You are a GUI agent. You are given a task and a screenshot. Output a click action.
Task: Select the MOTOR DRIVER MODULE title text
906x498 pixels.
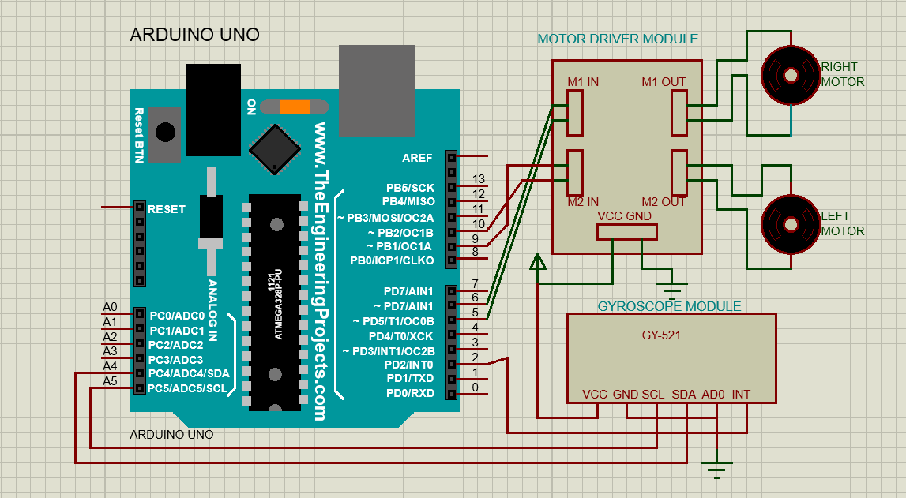point(618,39)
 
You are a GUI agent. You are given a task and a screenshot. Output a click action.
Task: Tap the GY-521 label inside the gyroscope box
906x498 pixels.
point(661,335)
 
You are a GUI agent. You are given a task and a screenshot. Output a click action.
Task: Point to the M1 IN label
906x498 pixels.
point(583,82)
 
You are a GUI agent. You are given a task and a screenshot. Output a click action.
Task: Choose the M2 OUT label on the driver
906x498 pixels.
point(664,202)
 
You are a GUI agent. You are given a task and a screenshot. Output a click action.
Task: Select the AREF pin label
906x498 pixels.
point(417,158)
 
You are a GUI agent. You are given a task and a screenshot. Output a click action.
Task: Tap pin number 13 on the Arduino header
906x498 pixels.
point(478,180)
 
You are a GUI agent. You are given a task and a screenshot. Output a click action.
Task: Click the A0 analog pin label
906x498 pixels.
point(110,307)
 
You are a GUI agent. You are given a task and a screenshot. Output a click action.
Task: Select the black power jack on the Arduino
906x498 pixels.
point(213,110)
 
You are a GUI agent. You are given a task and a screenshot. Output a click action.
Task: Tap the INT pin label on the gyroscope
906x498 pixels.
point(741,395)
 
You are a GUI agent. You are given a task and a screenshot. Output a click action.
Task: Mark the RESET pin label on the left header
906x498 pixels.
point(167,209)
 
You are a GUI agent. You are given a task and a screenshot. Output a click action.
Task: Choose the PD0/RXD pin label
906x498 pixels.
point(410,393)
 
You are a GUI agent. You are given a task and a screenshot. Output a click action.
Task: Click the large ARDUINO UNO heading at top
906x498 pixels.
point(194,35)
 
